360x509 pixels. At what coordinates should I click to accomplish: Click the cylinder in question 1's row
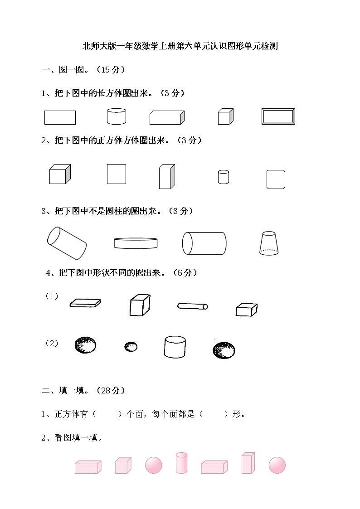(116, 116)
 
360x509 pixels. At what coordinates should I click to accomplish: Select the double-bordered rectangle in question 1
(278, 116)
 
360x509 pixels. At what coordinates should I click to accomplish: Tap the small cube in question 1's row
(225, 116)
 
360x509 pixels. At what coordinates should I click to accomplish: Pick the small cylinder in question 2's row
(223, 177)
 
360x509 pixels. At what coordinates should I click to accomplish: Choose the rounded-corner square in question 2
(276, 179)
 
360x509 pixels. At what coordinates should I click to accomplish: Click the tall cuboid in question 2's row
(166, 177)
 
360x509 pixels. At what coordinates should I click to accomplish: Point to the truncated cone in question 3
(268, 243)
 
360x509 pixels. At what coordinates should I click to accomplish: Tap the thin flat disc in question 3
(136, 243)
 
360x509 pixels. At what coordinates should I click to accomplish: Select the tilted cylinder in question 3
(67, 243)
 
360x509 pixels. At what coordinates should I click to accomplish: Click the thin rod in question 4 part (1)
(193, 306)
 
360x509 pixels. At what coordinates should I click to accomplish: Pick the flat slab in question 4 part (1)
(85, 303)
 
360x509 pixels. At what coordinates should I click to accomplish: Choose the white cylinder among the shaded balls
(175, 347)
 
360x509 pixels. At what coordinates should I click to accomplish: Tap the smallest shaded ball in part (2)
(131, 347)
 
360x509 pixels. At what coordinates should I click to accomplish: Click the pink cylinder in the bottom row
(181, 462)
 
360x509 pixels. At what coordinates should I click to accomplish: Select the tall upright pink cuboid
(248, 462)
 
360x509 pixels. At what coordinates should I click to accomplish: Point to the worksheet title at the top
(180, 46)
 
